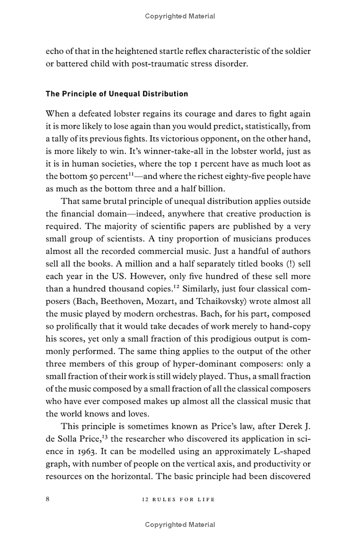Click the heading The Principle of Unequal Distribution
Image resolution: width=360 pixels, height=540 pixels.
point(117,94)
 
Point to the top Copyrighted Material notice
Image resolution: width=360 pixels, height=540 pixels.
point(180,16)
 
